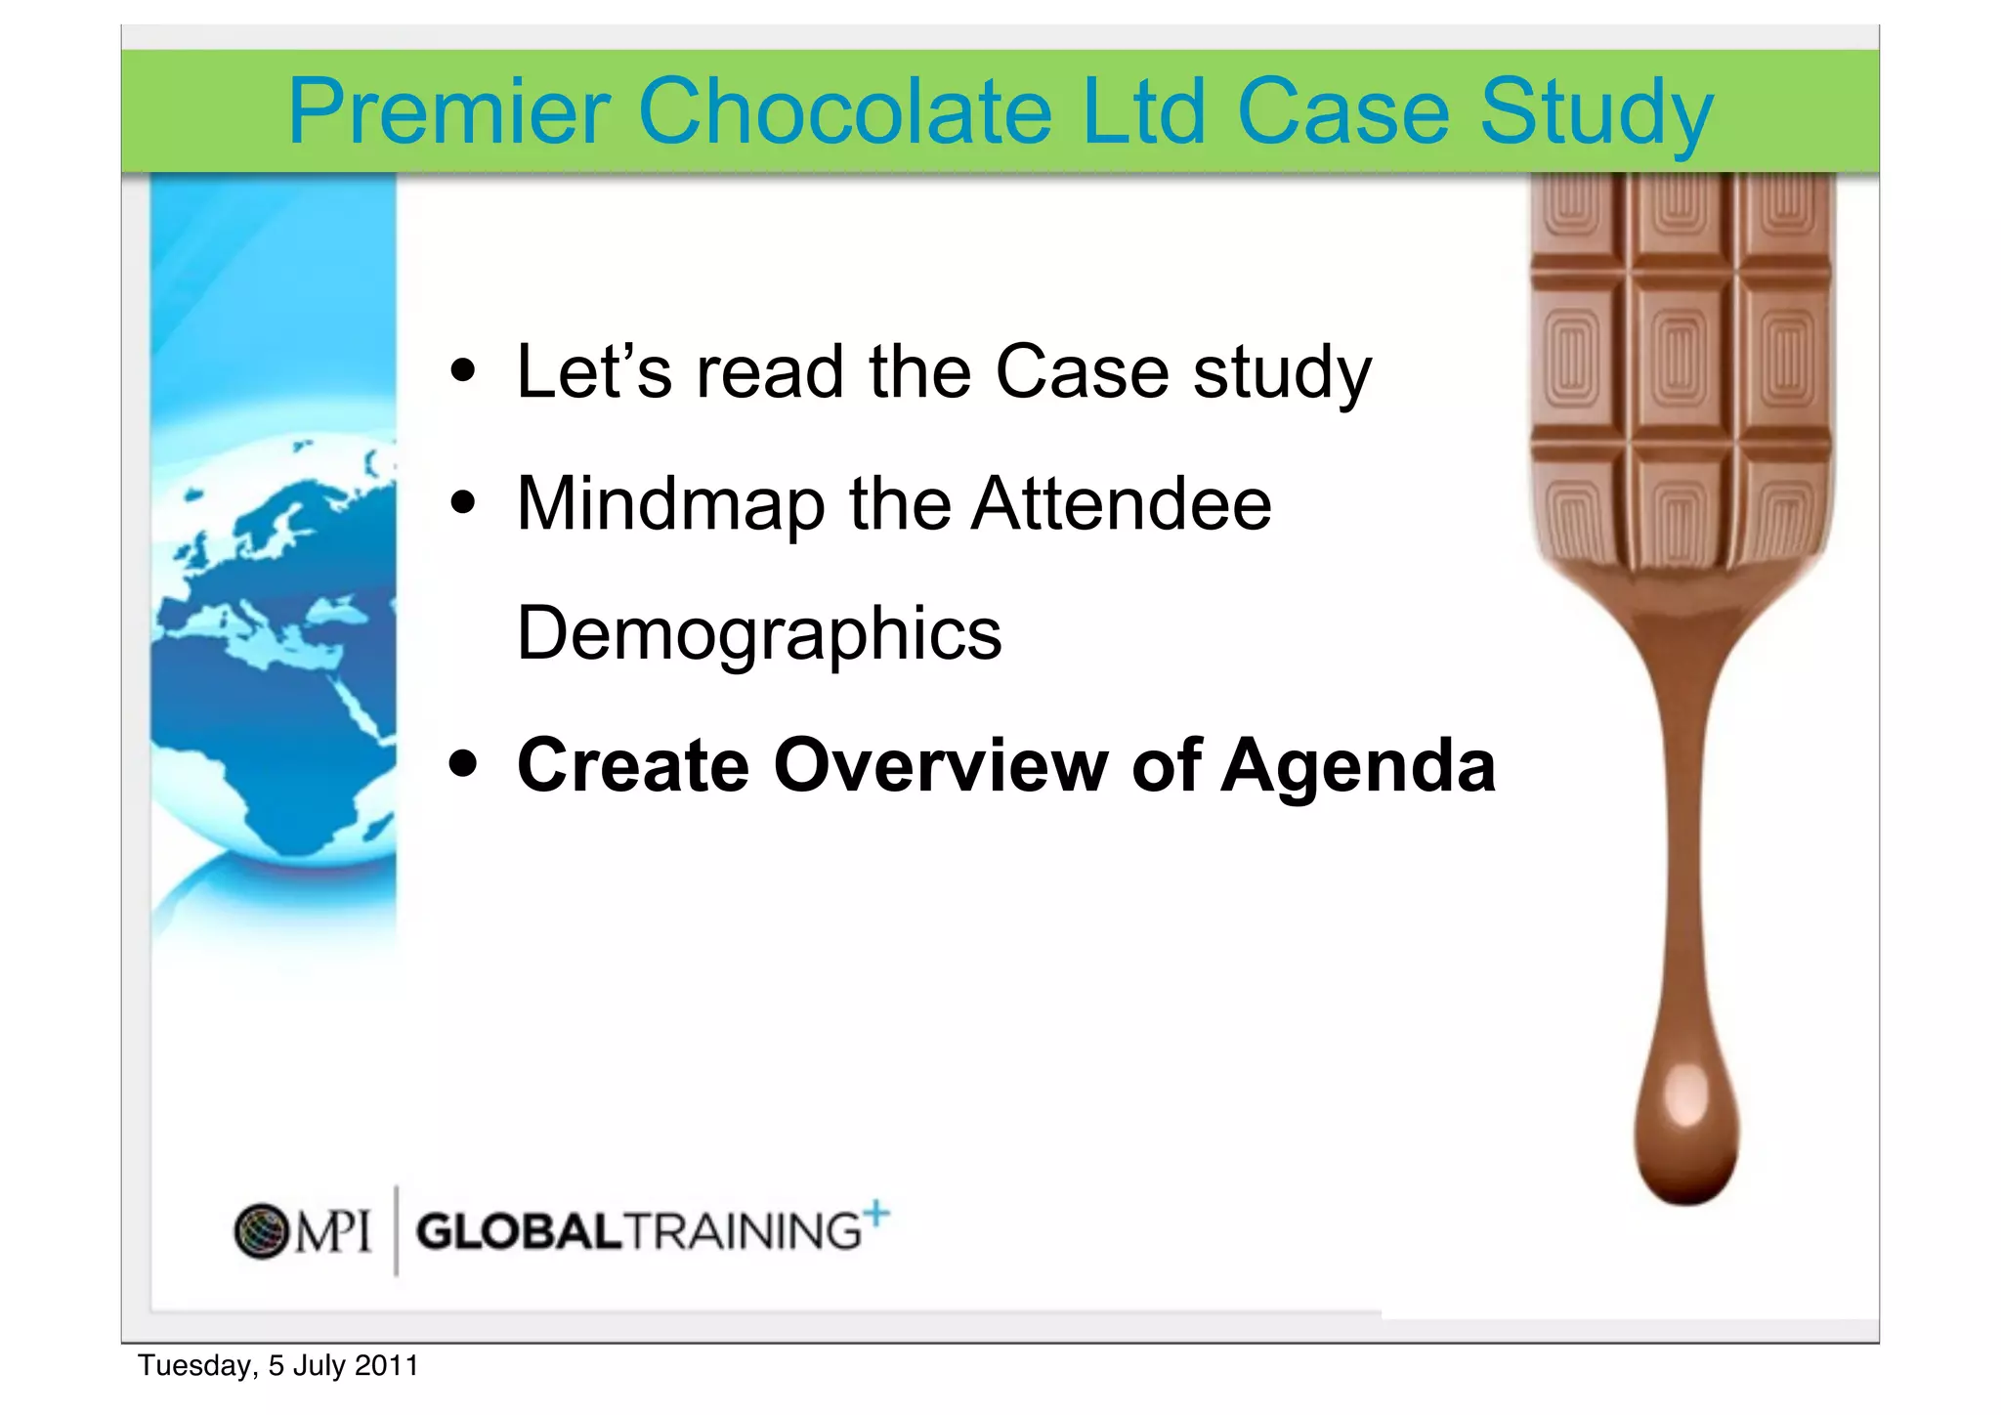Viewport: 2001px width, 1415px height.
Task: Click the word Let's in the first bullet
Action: (594, 372)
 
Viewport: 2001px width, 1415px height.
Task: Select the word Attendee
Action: (1121, 504)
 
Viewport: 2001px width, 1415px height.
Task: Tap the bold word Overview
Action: (939, 765)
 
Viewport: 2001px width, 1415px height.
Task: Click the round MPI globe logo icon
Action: (262, 1230)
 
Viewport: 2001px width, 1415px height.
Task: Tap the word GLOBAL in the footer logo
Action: (519, 1231)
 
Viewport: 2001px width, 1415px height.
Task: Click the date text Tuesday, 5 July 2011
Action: (278, 1365)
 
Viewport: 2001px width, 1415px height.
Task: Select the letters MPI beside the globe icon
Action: (333, 1231)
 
